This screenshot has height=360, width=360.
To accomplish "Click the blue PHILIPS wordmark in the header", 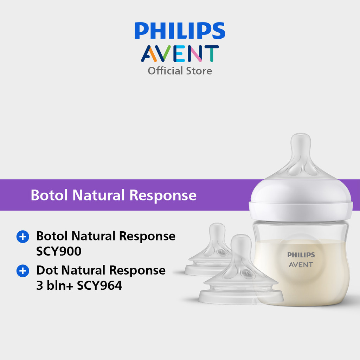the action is (180, 31).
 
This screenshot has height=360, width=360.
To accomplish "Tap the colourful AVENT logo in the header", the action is (180, 54).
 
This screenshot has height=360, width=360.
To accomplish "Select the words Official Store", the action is (180, 71).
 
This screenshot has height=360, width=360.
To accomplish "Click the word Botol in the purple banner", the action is (49, 195).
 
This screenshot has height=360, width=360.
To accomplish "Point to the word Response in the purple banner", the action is (163, 195).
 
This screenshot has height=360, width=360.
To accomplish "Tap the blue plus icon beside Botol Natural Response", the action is (23, 237).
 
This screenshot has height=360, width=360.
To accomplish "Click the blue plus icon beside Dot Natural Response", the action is (23, 271).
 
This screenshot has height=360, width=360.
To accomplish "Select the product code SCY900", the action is (59, 251).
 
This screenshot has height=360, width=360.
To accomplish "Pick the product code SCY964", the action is (99, 285).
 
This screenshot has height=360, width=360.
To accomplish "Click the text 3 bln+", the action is (54, 285).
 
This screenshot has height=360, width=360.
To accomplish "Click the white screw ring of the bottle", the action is (301, 211).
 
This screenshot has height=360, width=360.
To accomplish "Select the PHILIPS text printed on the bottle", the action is (301, 255).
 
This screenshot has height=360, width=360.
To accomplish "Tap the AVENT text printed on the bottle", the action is (301, 265).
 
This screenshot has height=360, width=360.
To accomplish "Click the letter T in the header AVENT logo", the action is (211, 54).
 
